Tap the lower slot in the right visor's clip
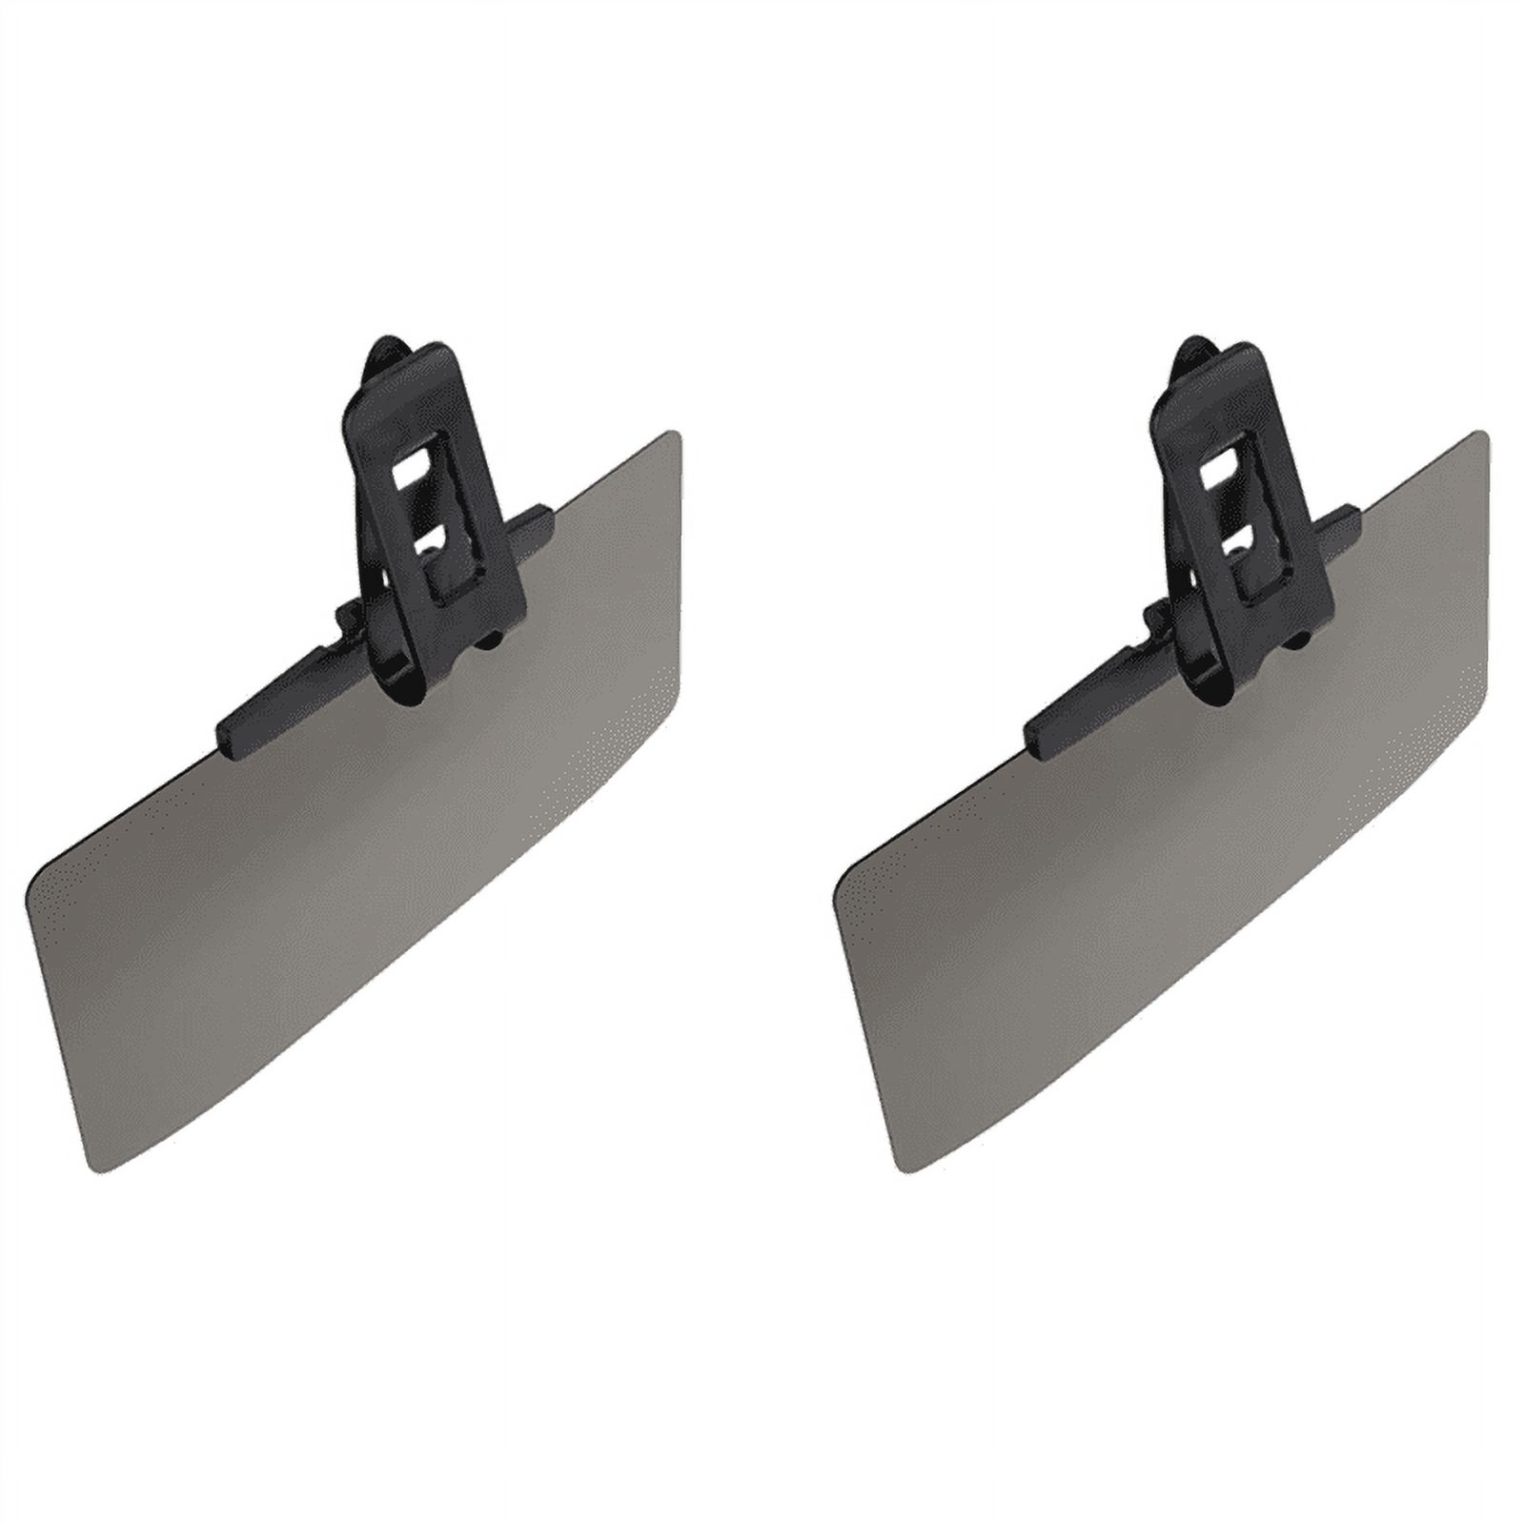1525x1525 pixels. pyautogui.click(x=1237, y=545)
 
